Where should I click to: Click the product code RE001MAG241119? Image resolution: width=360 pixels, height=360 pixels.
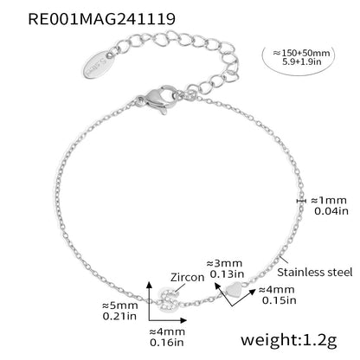click(x=101, y=19)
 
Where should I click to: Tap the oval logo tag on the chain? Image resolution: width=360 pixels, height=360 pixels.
click(x=99, y=64)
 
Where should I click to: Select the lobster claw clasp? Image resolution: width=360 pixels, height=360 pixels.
click(x=157, y=99)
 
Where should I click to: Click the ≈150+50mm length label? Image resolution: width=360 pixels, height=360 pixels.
click(x=301, y=53)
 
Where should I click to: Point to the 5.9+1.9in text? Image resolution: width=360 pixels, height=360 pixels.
click(x=302, y=61)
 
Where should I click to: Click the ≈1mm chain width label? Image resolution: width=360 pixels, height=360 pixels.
click(x=329, y=200)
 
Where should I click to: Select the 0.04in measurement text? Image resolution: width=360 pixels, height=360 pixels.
click(x=331, y=211)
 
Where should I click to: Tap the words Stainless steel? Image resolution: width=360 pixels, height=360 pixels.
click(x=315, y=272)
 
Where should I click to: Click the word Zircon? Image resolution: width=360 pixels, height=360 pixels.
click(x=187, y=277)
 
